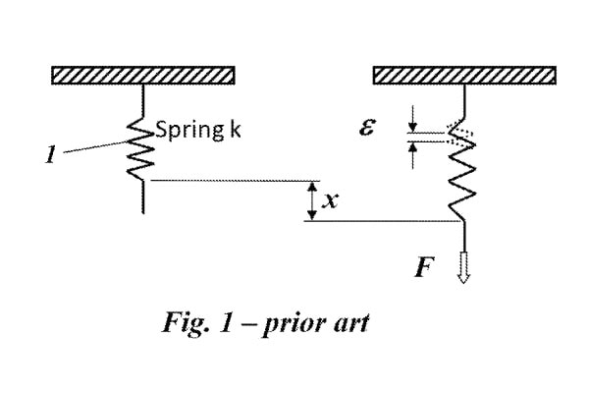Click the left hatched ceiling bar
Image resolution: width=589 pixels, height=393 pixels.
(x=142, y=76)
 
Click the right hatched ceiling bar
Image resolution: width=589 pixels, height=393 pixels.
(x=465, y=76)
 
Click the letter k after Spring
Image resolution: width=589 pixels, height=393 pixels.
(x=236, y=130)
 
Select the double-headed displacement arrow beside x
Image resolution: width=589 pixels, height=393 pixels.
(x=313, y=200)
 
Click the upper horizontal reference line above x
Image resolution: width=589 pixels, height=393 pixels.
(x=236, y=181)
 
